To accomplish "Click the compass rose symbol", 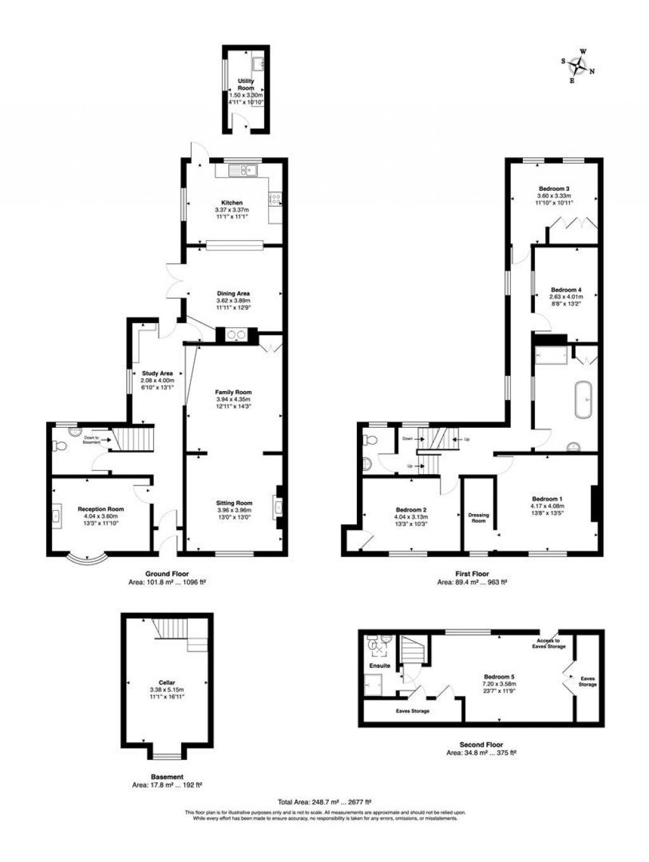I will point(577,65).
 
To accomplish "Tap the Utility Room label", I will point(246,84).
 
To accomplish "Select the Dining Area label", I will point(233,293).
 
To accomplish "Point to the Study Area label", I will point(157,373).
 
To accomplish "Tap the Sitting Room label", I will point(235,503).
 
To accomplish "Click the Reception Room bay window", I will point(86,559).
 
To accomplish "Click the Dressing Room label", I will point(479,518).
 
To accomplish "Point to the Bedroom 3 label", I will point(555,188).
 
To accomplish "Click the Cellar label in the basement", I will point(167,683).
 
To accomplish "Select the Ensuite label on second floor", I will point(380,666).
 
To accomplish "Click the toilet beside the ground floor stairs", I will point(61,446).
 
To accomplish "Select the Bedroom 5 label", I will point(499,676).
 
